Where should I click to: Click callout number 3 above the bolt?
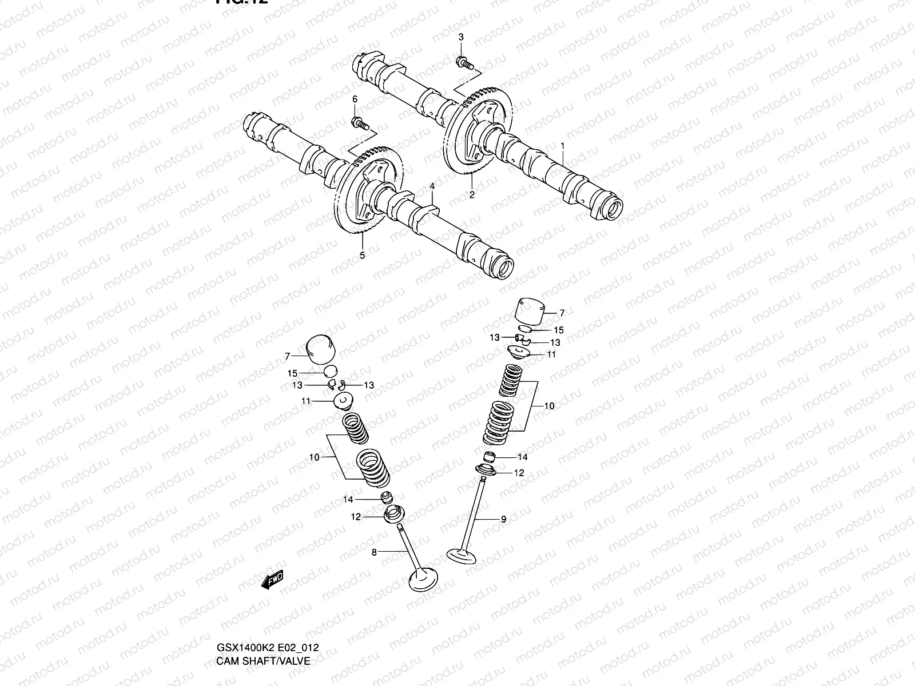click(462, 37)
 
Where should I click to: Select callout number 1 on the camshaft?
click(563, 146)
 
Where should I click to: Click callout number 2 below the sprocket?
click(472, 194)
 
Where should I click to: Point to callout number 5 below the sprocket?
click(362, 256)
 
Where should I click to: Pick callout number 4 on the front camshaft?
click(432, 186)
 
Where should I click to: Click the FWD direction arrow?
click(272, 580)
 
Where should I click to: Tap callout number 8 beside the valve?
click(374, 552)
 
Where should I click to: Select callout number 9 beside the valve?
click(503, 519)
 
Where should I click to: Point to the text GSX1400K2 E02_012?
click(267, 648)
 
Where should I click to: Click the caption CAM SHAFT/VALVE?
click(262, 661)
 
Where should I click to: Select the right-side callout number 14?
click(523, 457)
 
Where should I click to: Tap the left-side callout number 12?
click(356, 517)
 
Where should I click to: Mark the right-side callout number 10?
click(549, 406)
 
